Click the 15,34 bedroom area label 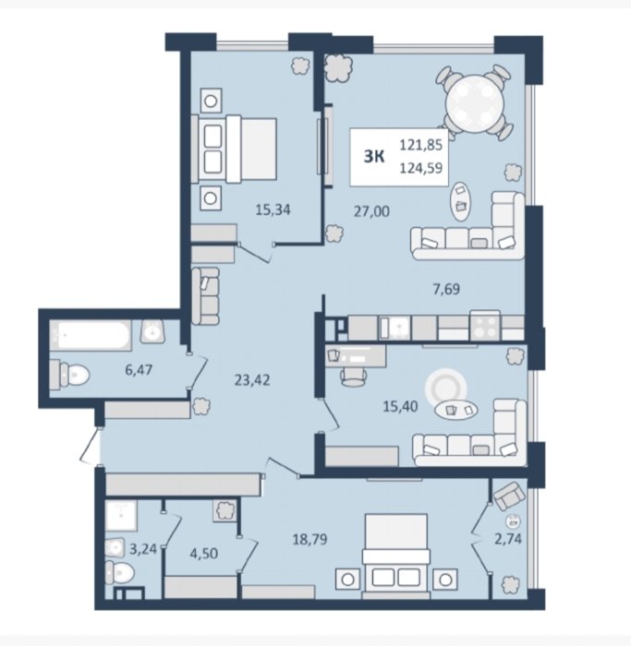(x=273, y=210)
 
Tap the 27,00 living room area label (x=371, y=211)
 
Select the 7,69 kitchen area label (x=446, y=289)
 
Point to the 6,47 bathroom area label (x=139, y=370)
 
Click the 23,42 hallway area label (x=252, y=380)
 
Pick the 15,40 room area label (x=400, y=407)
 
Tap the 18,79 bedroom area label (x=310, y=539)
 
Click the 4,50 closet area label (x=204, y=554)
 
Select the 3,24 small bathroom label (x=143, y=549)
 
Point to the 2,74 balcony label (x=508, y=538)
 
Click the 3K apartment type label (x=374, y=157)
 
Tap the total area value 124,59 (x=421, y=168)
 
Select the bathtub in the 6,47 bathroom (x=91, y=336)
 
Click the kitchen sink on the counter (x=395, y=328)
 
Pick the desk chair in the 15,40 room (x=354, y=377)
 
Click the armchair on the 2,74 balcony (x=510, y=496)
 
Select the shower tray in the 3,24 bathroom (x=121, y=515)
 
